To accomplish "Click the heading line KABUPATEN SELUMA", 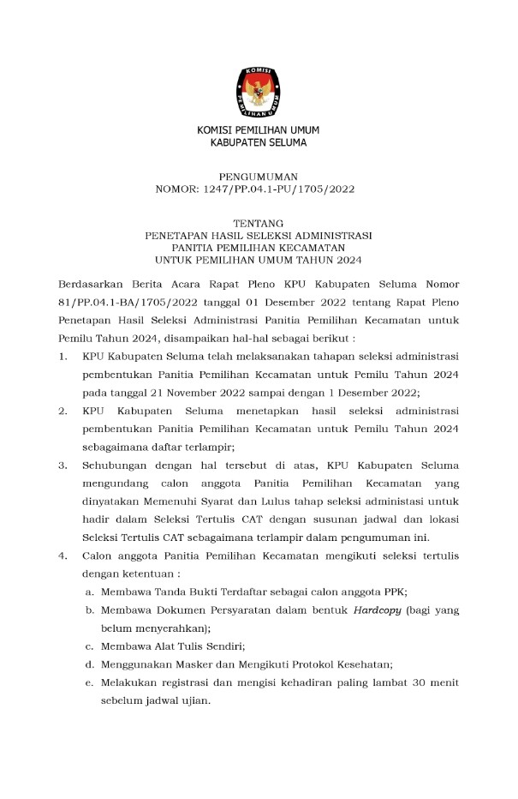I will (x=259, y=142).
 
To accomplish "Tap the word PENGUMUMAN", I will (x=259, y=175).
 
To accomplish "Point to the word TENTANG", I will (x=259, y=221).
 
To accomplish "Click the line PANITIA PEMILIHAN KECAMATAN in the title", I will (x=259, y=247).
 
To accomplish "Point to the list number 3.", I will (x=63, y=466).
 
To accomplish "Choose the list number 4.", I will (x=63, y=556).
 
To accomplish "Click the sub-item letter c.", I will (x=89, y=646).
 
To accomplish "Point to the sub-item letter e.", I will (x=89, y=682).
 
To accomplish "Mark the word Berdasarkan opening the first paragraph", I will (x=94, y=284).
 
